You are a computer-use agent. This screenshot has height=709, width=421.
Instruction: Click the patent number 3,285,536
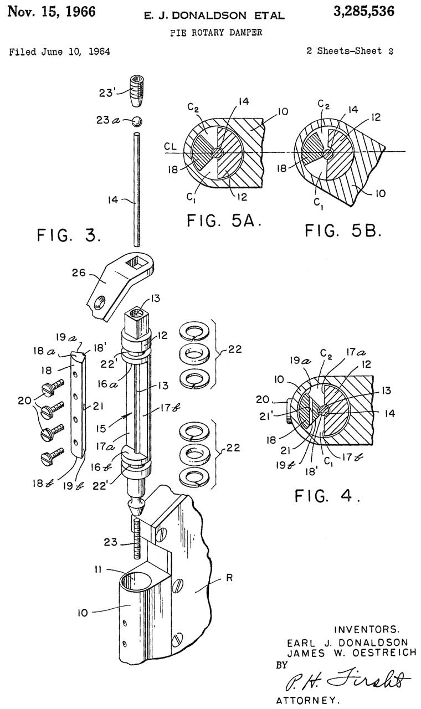click(364, 12)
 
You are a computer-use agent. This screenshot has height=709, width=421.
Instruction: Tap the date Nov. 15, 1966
click(52, 12)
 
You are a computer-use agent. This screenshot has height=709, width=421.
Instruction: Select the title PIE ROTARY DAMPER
click(216, 32)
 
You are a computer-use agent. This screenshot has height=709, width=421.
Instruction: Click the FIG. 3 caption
click(69, 235)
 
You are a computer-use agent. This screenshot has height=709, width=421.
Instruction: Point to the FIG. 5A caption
click(224, 220)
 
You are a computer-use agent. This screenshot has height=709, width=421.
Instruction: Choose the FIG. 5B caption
click(343, 230)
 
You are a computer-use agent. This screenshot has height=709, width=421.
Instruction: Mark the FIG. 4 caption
click(327, 495)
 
